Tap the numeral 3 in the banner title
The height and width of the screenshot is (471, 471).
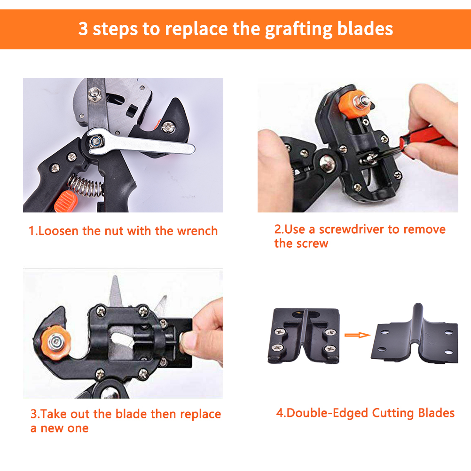coord(83,29)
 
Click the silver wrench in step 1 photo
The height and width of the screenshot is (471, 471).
coord(141,143)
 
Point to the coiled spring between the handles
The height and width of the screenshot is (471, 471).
coord(86,185)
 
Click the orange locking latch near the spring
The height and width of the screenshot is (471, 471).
coord(66,201)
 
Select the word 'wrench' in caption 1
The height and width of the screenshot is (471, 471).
coord(197,231)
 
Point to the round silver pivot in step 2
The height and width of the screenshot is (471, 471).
coord(328,164)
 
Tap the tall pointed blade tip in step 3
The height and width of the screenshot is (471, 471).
coord(114,276)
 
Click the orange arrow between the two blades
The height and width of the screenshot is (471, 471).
coord(357,335)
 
